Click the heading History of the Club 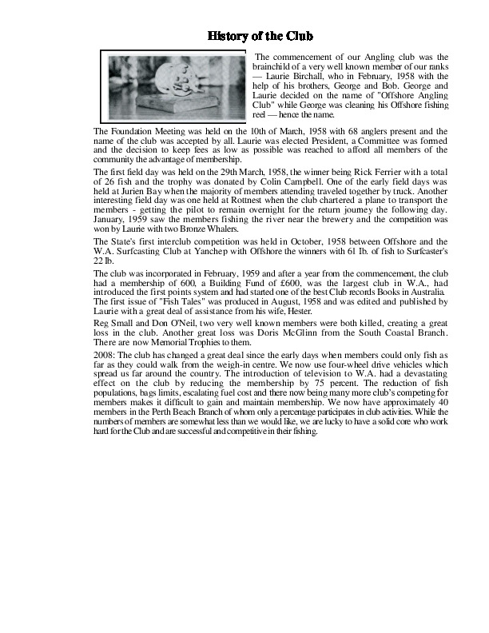click(260, 36)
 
